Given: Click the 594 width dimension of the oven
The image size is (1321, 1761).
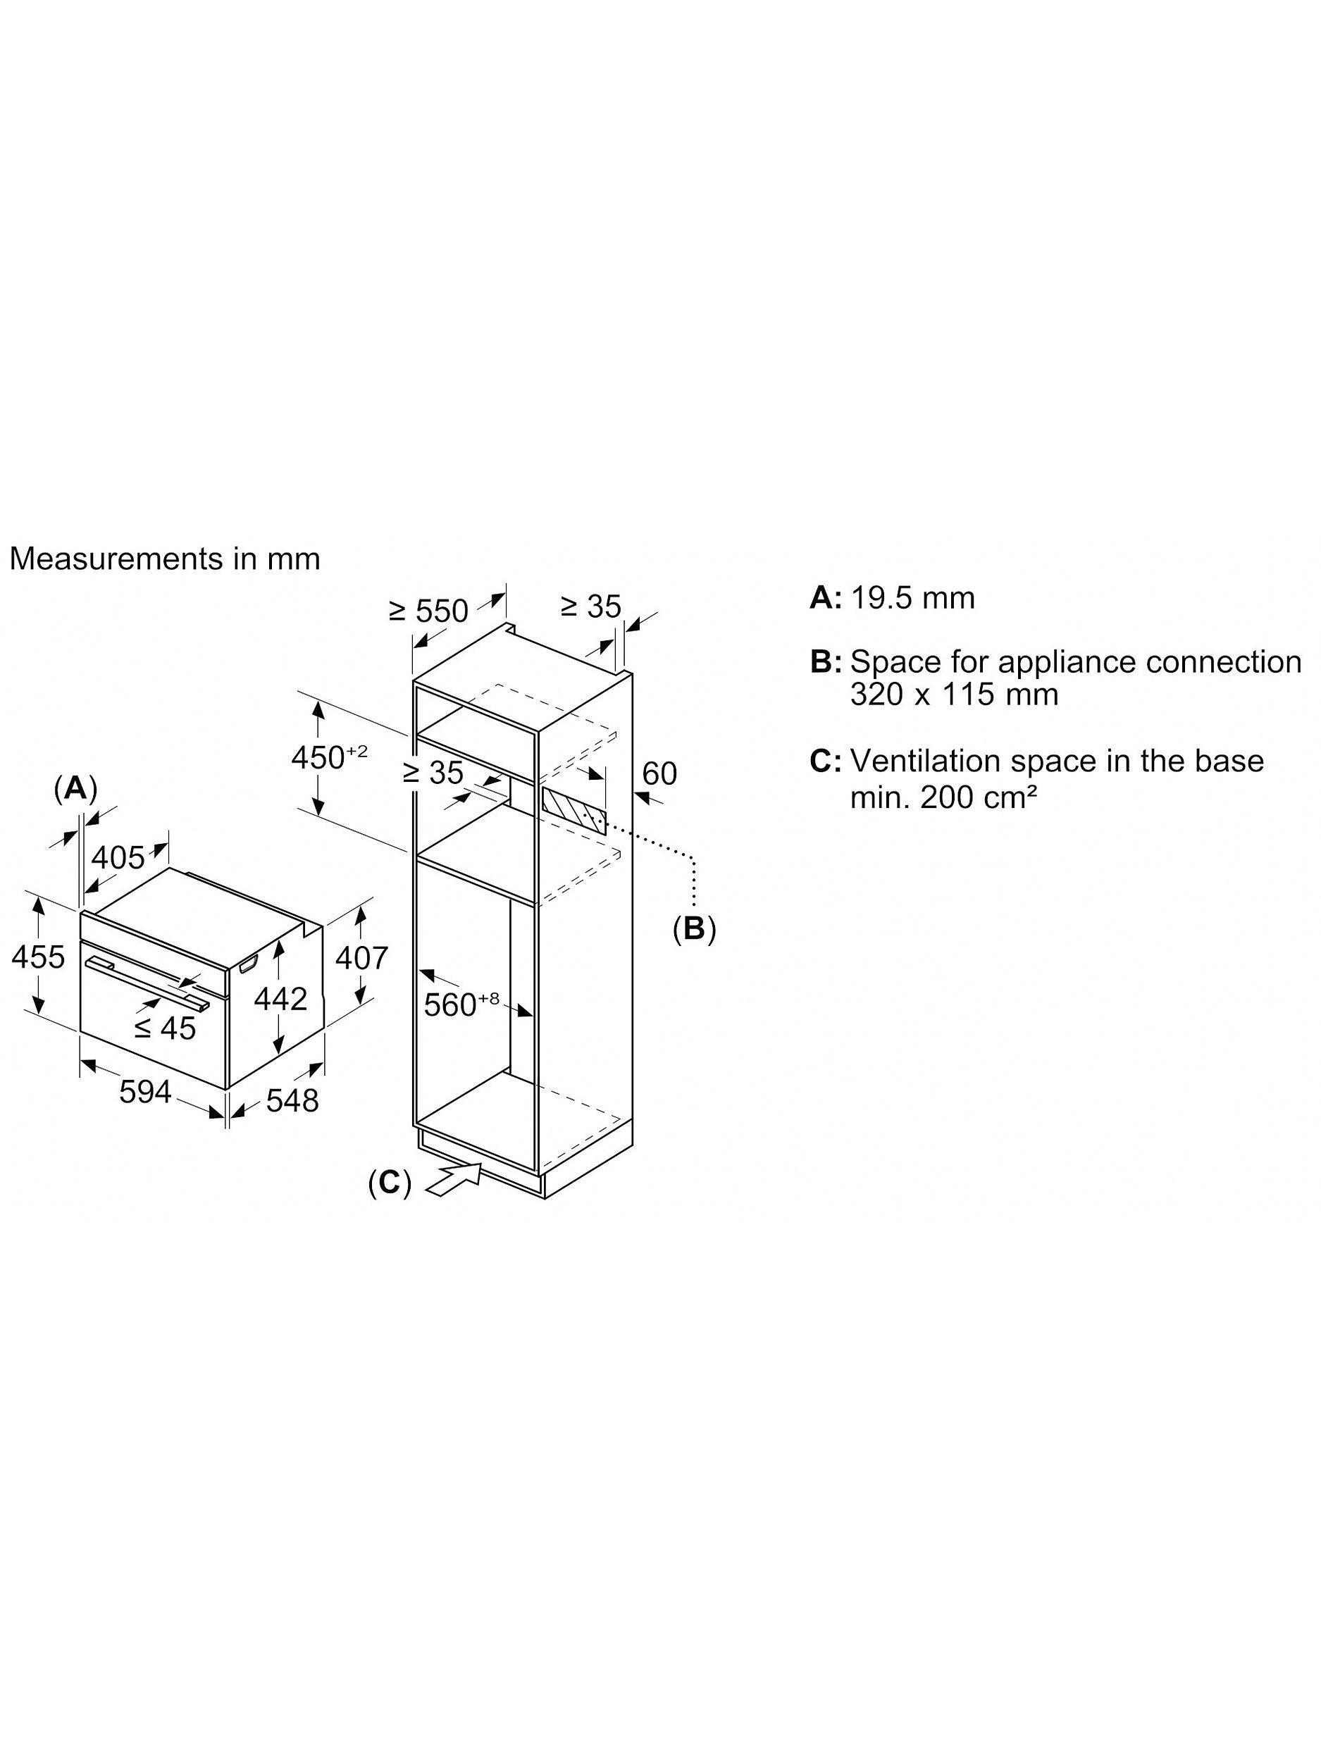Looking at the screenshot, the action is pos(146,1092).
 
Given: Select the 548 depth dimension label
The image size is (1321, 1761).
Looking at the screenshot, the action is pos(292,1100).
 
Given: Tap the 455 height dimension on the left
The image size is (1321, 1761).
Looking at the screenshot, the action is pos(38,956).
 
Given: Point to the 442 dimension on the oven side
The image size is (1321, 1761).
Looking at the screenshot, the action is pos(280,998).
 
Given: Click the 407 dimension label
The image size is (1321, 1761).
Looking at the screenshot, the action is pos(361,958).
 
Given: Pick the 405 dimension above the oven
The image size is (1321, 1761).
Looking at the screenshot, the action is pos(118,857).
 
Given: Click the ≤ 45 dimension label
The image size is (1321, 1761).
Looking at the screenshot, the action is pos(165,1028).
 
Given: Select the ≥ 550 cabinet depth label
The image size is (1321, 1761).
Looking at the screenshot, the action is pos(428,611).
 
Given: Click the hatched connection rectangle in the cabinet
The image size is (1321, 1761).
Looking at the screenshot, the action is pos(573,811).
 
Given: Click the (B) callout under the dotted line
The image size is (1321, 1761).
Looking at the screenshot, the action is pos(695,928).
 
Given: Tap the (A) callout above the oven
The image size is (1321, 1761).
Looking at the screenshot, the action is pos(75,788).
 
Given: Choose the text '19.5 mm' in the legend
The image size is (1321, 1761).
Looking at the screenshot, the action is pos(912,597).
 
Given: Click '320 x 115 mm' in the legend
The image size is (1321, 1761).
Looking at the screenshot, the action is pos(954,695).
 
